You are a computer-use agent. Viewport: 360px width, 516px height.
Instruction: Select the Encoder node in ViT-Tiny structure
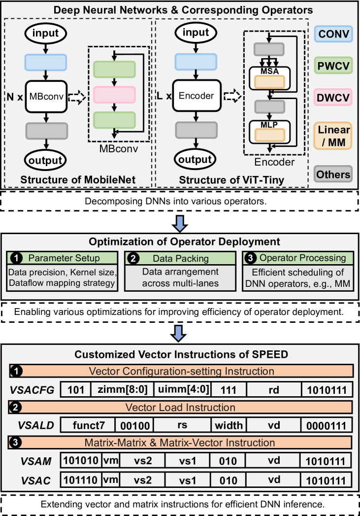click(196, 96)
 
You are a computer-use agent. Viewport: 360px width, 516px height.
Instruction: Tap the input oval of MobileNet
click(45, 34)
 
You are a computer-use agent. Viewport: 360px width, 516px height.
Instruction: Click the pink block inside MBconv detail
click(114, 94)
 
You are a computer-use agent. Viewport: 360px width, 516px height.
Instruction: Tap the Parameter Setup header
click(63, 258)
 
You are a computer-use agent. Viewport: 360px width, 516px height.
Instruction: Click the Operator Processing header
click(296, 258)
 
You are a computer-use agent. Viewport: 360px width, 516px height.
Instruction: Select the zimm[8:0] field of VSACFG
click(122, 390)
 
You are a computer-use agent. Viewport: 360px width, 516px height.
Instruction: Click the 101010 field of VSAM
click(81, 461)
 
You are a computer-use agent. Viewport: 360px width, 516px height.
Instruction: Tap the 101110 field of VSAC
click(81, 480)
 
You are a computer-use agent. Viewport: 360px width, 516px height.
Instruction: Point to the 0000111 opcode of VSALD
click(327, 424)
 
